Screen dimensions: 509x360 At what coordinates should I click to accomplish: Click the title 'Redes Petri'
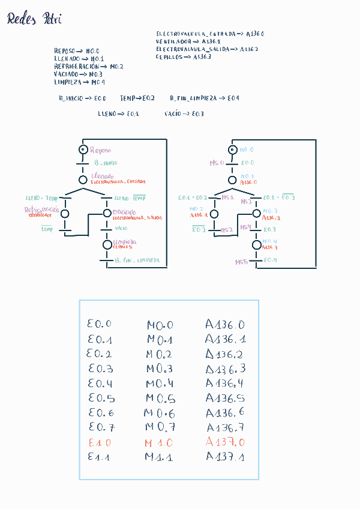click(x=34, y=20)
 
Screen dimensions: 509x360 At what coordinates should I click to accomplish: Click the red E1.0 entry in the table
click(x=99, y=442)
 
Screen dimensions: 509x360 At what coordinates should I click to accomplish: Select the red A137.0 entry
click(x=225, y=442)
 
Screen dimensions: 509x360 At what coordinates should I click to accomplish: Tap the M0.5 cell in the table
click(x=160, y=399)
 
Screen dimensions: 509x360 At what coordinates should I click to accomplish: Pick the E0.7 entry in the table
click(x=100, y=427)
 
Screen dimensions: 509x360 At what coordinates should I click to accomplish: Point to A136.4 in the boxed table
click(x=225, y=383)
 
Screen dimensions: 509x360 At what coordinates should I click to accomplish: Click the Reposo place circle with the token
click(x=83, y=149)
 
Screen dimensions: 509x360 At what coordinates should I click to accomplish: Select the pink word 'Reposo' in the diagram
click(x=100, y=150)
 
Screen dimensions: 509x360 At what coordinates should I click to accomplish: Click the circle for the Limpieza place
click(x=107, y=244)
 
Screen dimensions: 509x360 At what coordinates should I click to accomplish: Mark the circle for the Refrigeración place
click(x=65, y=213)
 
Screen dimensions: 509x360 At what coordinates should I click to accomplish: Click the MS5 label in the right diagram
click(x=241, y=262)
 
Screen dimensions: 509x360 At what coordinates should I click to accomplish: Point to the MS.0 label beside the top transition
click(x=216, y=163)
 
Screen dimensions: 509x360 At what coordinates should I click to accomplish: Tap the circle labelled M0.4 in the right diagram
click(x=257, y=244)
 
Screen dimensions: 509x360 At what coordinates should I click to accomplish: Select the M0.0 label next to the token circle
click(x=247, y=149)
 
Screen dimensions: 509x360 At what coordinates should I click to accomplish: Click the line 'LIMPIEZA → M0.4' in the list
click(x=79, y=82)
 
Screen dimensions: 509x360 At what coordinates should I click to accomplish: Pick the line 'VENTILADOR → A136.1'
click(x=187, y=41)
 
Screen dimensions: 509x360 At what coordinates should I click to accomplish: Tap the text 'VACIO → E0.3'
click(x=184, y=113)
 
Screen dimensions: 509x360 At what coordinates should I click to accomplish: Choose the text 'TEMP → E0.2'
click(x=137, y=98)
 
